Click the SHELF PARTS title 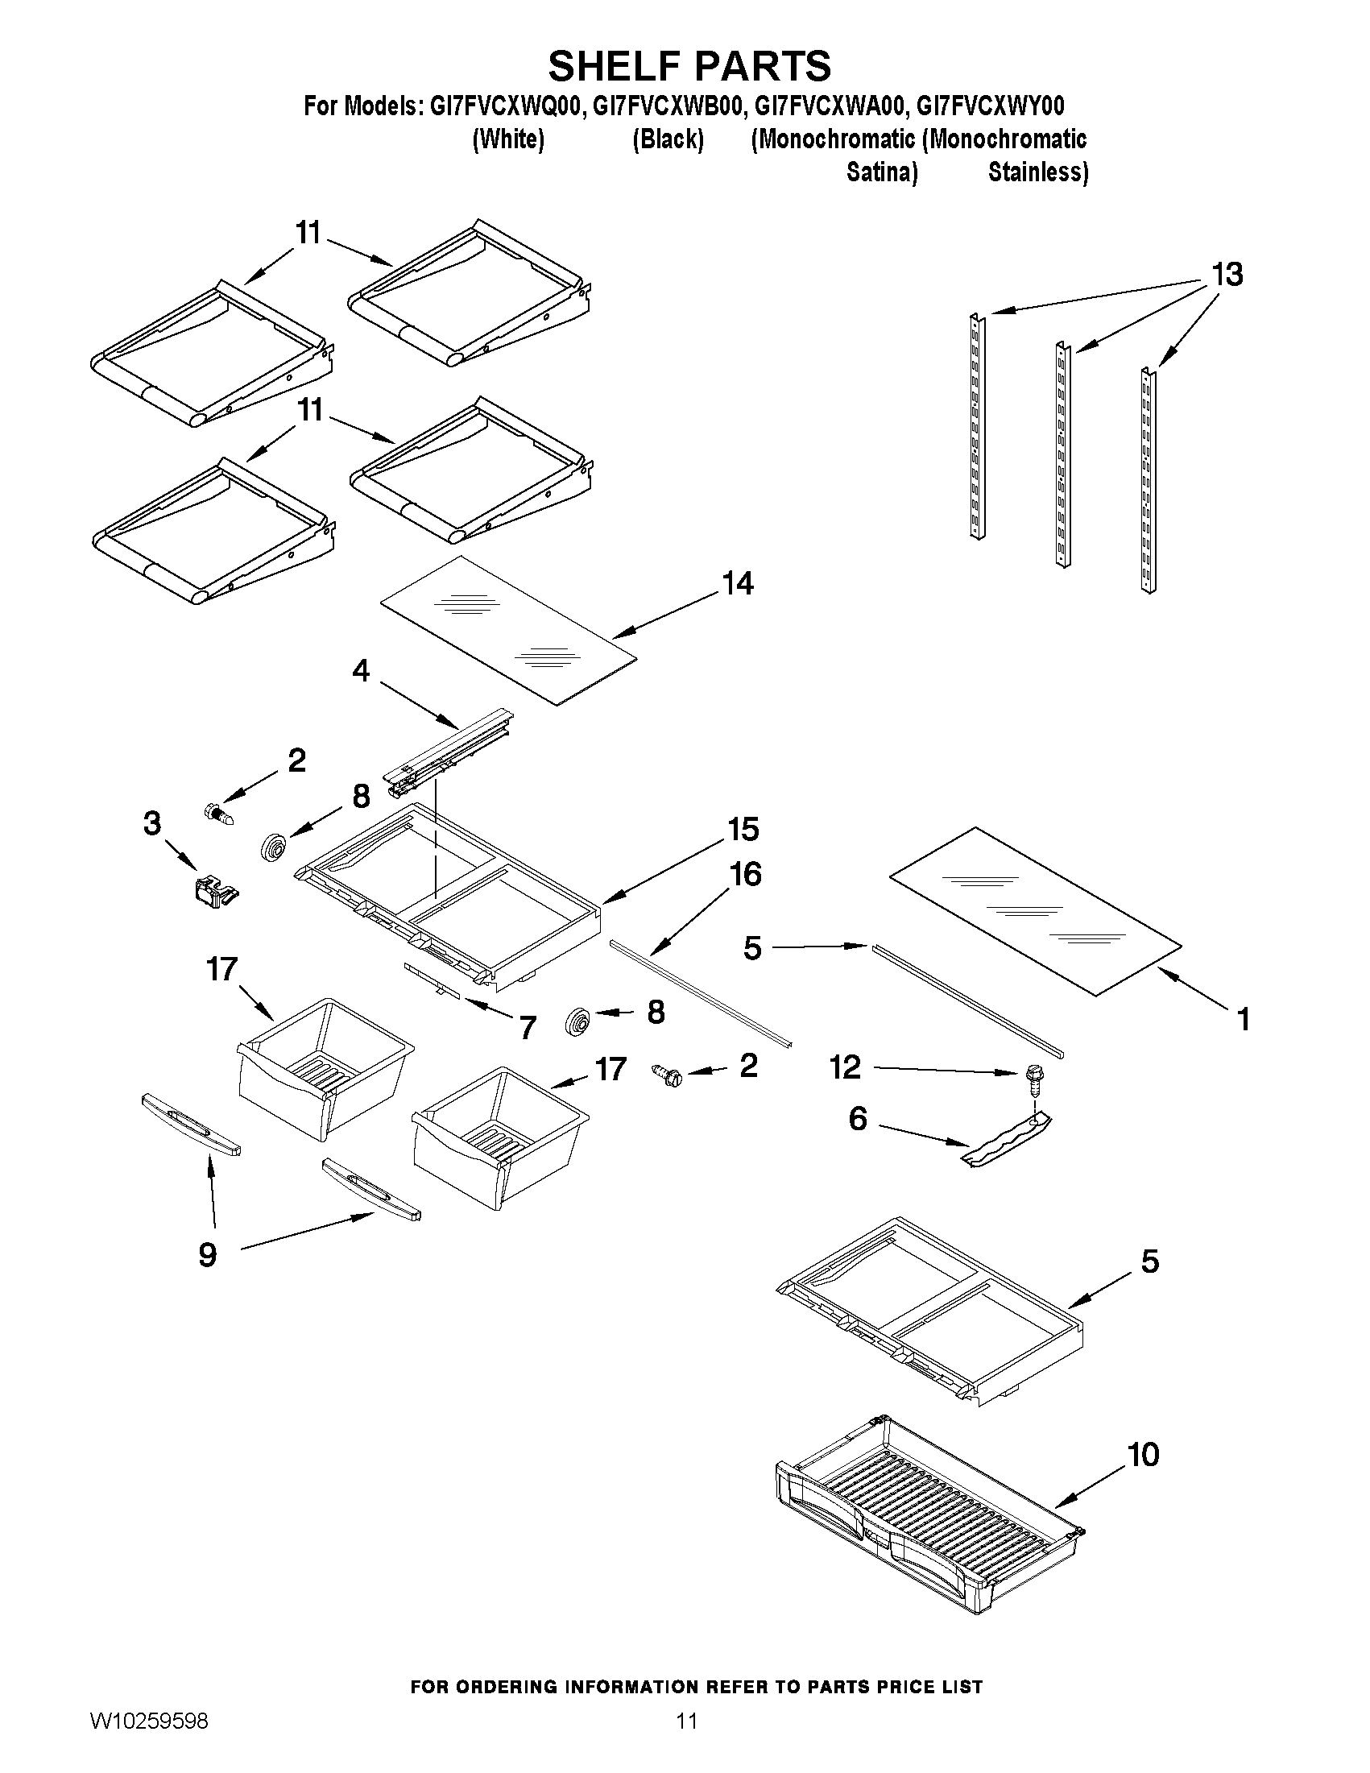pos(689,67)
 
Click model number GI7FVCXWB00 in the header pos(667,106)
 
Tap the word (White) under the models pos(508,139)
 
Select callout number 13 pos(1227,275)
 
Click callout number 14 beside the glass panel pos(738,583)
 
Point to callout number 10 pos(1143,1455)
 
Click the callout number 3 pos(151,823)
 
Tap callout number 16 pos(745,874)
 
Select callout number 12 pos(844,1067)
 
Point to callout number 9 pos(208,1255)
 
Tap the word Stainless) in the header pos(1037,172)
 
